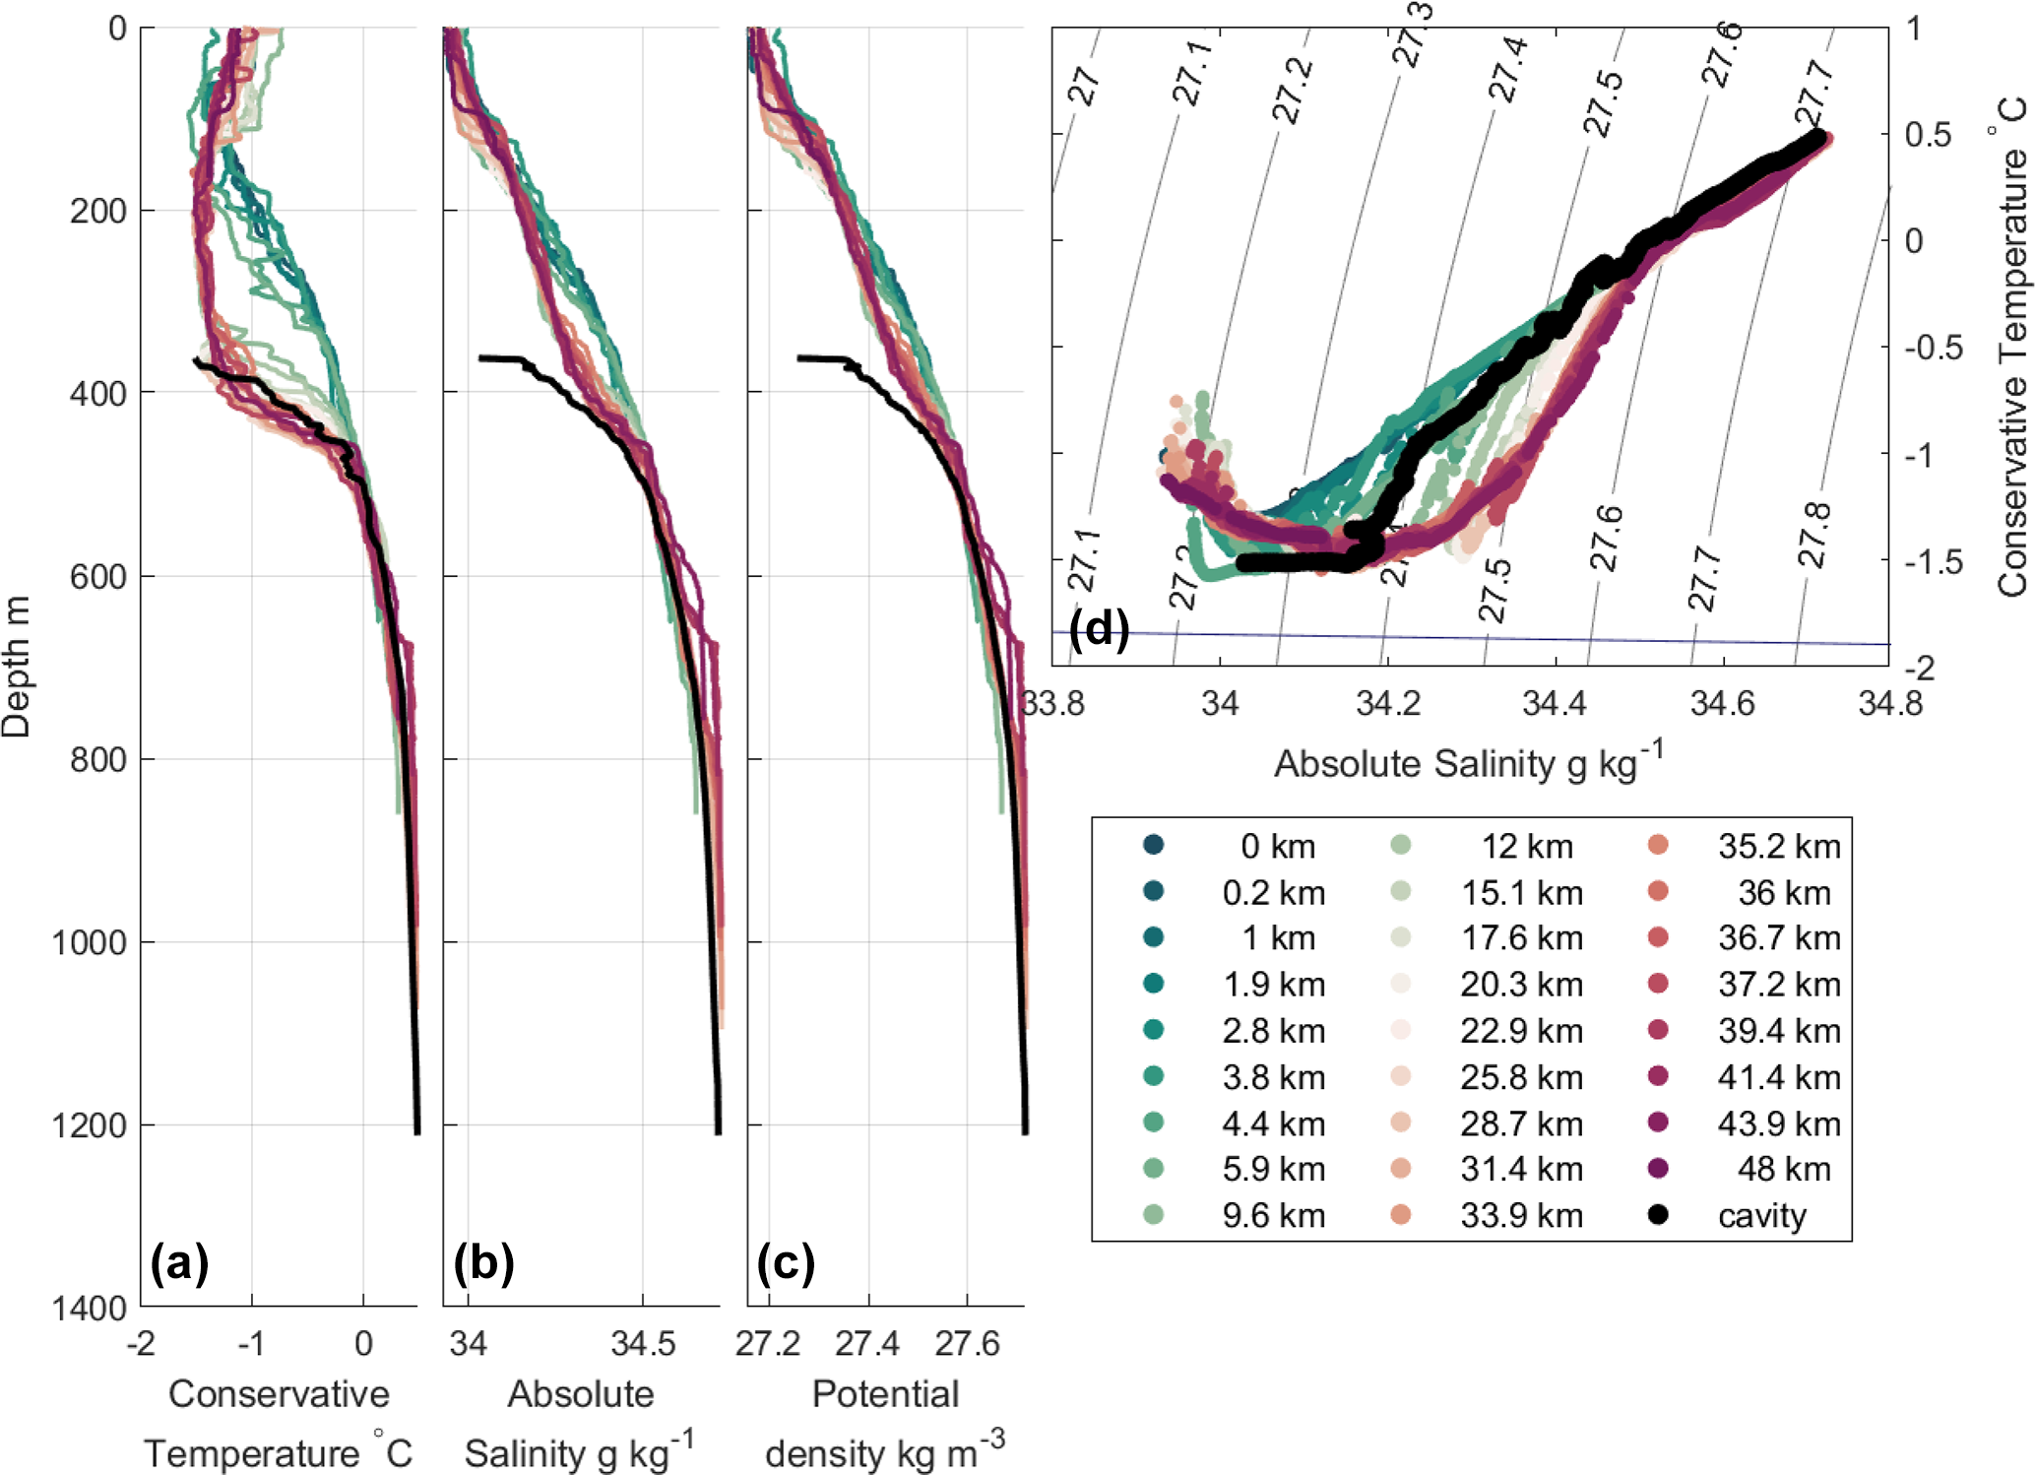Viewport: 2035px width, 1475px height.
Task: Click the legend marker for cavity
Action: tap(1658, 1215)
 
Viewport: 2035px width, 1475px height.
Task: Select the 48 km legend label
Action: tap(1783, 1169)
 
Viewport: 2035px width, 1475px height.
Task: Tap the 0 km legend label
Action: tap(1277, 846)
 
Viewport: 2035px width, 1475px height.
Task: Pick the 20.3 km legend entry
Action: tap(1521, 984)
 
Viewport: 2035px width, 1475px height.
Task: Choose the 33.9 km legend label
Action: tap(1521, 1215)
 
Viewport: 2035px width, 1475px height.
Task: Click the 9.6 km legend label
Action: tap(1273, 1215)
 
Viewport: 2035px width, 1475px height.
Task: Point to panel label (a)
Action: tap(179, 1262)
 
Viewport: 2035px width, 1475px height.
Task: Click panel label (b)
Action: tap(483, 1262)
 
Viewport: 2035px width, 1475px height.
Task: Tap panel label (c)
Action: tap(786, 1262)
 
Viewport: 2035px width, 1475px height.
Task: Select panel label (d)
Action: tap(1099, 628)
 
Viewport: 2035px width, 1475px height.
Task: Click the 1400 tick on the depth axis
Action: tap(90, 1308)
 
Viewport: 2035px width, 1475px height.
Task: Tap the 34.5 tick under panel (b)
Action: tap(643, 1343)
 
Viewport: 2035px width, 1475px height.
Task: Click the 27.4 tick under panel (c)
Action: tap(867, 1343)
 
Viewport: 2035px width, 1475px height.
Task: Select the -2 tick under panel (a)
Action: tap(141, 1343)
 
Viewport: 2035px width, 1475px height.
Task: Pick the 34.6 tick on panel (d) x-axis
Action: tap(1722, 703)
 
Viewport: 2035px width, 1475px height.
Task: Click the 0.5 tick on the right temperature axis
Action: tap(1928, 134)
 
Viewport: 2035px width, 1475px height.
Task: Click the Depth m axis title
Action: tap(17, 667)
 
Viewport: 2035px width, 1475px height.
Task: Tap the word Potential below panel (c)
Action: tap(885, 1394)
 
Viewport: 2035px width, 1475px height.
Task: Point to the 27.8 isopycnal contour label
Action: tap(1813, 535)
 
